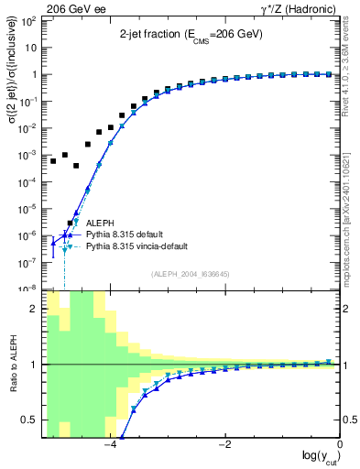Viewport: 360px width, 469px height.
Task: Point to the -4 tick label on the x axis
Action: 110,445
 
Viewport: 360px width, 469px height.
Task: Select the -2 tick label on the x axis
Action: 224,445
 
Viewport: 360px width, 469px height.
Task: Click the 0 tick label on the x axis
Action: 339,445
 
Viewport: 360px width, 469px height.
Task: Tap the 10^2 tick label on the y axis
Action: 29,21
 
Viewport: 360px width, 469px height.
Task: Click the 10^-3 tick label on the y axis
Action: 28,155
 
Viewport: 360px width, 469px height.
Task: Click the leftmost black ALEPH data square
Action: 53,161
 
